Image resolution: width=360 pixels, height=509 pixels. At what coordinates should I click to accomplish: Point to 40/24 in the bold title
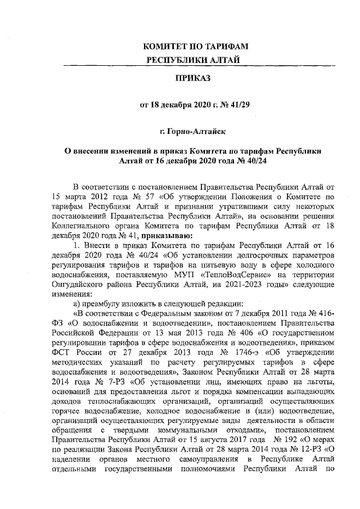click(253, 160)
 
